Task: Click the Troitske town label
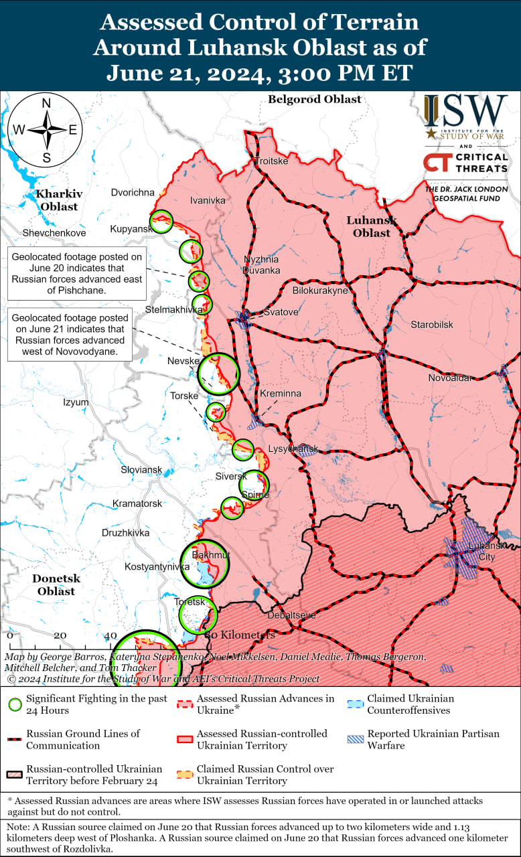272,161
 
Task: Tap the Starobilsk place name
432,325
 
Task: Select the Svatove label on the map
281,312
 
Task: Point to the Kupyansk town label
130,230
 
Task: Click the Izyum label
76,402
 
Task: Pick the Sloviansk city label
141,470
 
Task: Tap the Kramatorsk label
137,503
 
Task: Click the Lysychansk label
293,449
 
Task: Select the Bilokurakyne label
320,291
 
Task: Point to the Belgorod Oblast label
314,99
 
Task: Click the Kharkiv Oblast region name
59,200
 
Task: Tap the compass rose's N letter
47,103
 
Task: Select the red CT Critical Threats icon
437,163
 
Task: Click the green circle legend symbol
14,704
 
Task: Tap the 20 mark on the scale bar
60,635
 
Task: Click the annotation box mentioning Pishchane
76,274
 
